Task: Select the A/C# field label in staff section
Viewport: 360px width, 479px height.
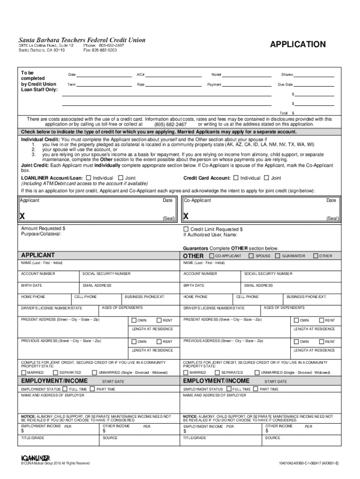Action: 140,75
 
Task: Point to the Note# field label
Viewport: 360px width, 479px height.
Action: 216,75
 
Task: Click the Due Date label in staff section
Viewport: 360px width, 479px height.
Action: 285,85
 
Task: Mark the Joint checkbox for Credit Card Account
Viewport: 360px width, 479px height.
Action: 266,178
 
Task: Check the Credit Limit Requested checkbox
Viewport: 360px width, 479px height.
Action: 186,229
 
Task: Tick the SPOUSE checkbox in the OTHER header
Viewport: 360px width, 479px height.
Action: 251,256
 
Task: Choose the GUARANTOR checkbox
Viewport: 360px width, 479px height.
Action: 278,256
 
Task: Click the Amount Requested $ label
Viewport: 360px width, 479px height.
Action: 43,228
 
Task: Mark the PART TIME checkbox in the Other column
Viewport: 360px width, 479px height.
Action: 256,389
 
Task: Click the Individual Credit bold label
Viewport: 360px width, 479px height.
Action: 40,139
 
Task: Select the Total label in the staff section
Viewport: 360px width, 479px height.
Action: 283,113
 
